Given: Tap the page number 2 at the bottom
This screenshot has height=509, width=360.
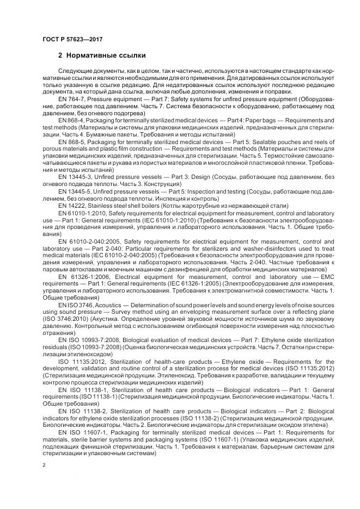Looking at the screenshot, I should point(44,466).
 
